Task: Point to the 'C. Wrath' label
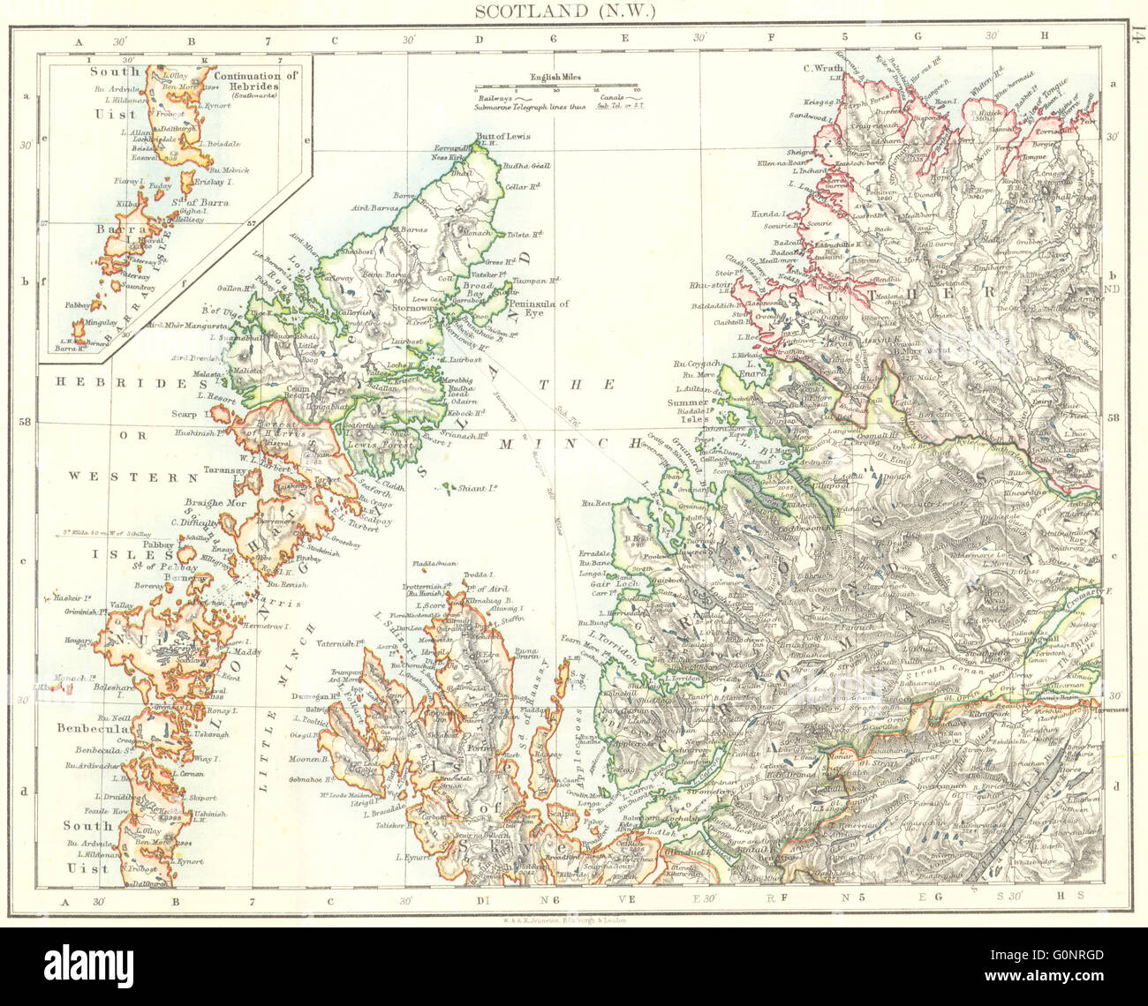819,69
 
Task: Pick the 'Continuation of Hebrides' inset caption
257,82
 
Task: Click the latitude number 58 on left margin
26,422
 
